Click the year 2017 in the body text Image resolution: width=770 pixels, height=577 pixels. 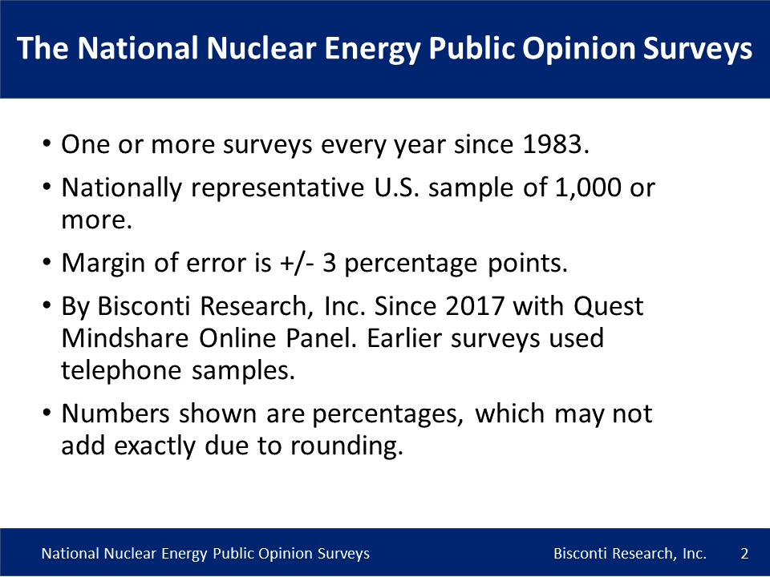click(474, 306)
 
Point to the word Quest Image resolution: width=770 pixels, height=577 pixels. click(609, 306)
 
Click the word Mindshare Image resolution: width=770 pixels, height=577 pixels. click(125, 338)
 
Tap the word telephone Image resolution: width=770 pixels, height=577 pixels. click(121, 370)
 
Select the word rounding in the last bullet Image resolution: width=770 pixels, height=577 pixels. click(346, 446)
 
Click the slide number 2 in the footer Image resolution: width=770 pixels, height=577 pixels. click(744, 554)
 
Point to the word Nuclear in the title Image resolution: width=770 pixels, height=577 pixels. click(261, 48)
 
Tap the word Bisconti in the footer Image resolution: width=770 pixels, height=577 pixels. click(580, 554)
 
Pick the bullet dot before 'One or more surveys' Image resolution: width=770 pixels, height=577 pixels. click(47, 143)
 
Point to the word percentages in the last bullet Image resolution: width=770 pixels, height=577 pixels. click(388, 414)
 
